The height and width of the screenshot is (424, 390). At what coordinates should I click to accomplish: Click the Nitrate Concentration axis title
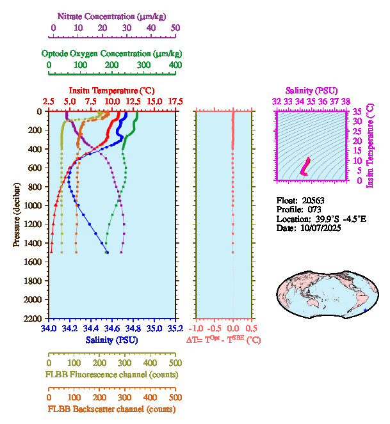coord(114,15)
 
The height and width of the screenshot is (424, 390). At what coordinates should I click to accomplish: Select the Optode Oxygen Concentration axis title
coord(111,53)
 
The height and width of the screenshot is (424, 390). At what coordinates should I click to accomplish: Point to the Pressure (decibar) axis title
coord(17,215)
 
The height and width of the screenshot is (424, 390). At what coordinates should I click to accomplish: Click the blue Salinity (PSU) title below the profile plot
coord(111,340)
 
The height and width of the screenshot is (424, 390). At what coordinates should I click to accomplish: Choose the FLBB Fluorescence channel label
coord(111,374)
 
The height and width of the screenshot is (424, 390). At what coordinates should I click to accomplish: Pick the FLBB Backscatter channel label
coord(111,409)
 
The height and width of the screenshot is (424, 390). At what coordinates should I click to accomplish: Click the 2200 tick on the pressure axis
coord(34,318)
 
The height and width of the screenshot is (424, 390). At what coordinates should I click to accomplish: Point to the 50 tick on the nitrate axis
coord(175,27)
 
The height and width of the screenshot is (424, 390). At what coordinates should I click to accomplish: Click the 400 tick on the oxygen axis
coord(175,65)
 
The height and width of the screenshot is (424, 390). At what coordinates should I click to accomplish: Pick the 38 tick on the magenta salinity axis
coord(345,101)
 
